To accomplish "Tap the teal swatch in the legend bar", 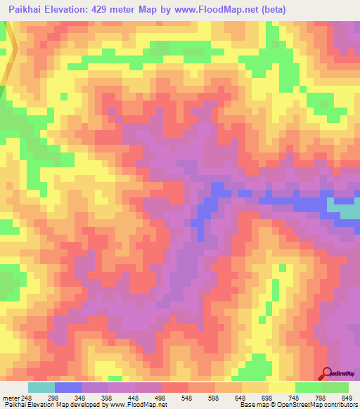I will click(x=41, y=387).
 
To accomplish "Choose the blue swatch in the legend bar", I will click(x=68, y=387).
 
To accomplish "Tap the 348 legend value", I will click(x=98, y=397).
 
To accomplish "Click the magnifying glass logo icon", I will click(x=328, y=373).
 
